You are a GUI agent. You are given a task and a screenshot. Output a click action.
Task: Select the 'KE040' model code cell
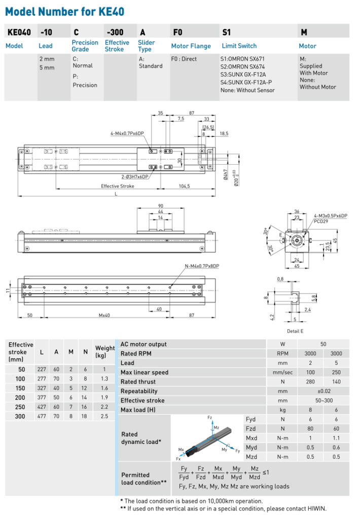point(19,32)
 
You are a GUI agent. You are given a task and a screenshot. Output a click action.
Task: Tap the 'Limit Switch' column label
point(239,46)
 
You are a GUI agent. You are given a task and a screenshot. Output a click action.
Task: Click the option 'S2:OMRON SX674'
point(246,66)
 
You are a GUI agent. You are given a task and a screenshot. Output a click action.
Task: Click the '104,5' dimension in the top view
point(184,187)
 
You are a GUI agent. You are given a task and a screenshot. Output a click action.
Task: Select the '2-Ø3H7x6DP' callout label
point(135,177)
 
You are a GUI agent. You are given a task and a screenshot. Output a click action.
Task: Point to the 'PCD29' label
point(320,221)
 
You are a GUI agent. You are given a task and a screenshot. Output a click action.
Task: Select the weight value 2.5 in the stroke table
point(105,416)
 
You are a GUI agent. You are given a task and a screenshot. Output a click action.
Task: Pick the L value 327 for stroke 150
point(41,388)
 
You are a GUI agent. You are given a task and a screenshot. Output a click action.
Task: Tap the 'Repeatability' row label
point(139,391)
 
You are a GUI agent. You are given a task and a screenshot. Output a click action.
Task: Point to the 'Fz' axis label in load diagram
point(210,418)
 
